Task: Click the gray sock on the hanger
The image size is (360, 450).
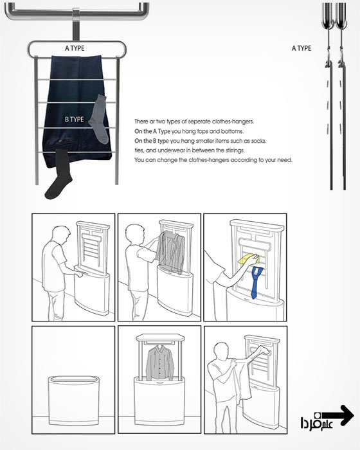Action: point(99,119)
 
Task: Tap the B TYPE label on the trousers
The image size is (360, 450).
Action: point(75,120)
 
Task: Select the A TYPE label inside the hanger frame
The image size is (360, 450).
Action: point(75,48)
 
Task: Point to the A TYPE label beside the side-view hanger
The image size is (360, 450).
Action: point(301,48)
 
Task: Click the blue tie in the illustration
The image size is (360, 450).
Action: point(256,282)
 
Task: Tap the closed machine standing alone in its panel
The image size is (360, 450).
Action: point(74,401)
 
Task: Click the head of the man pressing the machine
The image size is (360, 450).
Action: point(61,235)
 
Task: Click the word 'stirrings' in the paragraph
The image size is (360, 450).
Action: point(235,150)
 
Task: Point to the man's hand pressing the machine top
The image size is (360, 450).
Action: point(78,274)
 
